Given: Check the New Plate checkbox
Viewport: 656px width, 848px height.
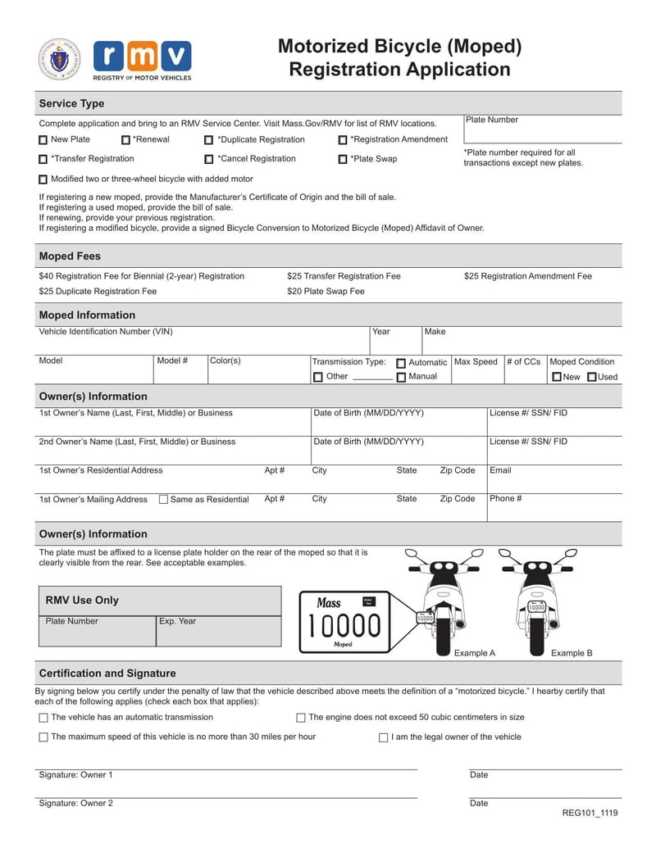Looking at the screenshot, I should click(x=43, y=140).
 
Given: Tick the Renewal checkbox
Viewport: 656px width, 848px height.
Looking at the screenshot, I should click(x=125, y=140).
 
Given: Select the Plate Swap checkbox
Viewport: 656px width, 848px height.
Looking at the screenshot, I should click(x=343, y=160).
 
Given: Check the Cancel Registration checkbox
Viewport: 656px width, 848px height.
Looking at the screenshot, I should click(x=209, y=160).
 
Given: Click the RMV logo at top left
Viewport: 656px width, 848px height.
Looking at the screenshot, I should click(x=142, y=59).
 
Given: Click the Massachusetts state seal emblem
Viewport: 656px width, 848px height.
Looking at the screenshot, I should click(x=59, y=59).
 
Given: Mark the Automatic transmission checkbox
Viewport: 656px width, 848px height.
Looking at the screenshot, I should click(x=401, y=363).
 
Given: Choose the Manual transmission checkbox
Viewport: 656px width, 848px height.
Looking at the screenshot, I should click(x=401, y=377).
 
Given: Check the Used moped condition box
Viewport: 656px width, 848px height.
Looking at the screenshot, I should click(x=592, y=377).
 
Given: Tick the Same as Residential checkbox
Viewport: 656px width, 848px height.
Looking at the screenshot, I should click(x=163, y=499).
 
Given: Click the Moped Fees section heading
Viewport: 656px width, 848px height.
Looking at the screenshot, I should click(x=70, y=256).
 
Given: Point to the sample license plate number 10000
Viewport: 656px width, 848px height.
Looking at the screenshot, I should click(x=344, y=626).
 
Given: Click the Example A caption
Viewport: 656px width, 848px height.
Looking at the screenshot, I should click(x=475, y=653).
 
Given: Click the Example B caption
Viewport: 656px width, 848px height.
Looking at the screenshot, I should click(x=571, y=653).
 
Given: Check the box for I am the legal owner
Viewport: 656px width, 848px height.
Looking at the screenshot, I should click(x=383, y=737).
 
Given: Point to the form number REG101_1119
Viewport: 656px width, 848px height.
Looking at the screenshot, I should click(x=590, y=813).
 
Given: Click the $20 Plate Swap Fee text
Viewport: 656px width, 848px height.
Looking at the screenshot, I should click(x=326, y=291).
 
